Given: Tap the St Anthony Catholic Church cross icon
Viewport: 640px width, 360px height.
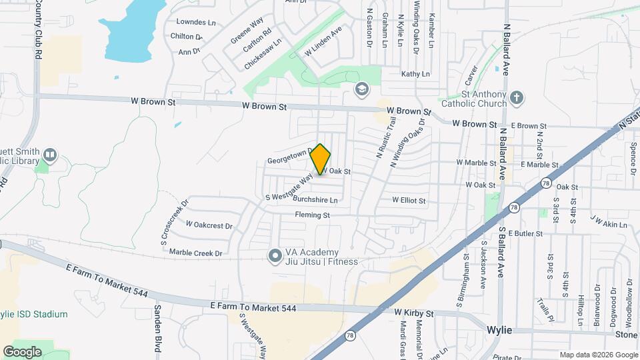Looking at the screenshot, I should (517, 99).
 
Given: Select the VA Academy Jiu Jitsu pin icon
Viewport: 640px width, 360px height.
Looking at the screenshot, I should (274, 256).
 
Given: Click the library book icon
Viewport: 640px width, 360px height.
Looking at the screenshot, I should (49, 156).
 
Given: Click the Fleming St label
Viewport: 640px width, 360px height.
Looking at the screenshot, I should (313, 215).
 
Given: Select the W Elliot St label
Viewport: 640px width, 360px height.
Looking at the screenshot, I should (409, 199).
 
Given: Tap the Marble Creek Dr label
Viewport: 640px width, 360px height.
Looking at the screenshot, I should (195, 253).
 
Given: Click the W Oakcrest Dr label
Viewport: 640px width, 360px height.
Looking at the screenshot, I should (209, 225).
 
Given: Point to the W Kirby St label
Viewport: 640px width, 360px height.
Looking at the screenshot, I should (413, 312).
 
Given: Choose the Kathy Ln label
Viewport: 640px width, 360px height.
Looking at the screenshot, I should (415, 74).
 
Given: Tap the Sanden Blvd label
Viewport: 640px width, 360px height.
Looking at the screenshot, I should (159, 323).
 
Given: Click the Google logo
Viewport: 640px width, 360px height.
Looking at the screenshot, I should (23, 351).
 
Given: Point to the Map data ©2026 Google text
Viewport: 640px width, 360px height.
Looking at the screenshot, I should (598, 355).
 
